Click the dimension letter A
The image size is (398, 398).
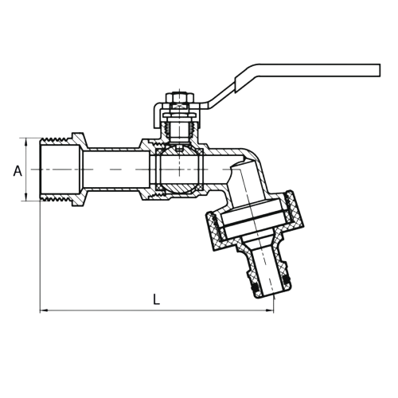click(18, 171)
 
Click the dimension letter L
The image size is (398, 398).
click(157, 299)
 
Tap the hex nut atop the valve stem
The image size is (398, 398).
click(179, 98)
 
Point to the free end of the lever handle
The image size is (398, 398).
click(380, 70)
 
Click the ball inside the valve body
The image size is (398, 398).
click(179, 169)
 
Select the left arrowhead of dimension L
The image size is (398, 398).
click(44, 310)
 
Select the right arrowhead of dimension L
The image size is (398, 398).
click(270, 310)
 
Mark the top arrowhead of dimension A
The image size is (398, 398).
click(26, 142)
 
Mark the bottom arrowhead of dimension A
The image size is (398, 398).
click(26, 197)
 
